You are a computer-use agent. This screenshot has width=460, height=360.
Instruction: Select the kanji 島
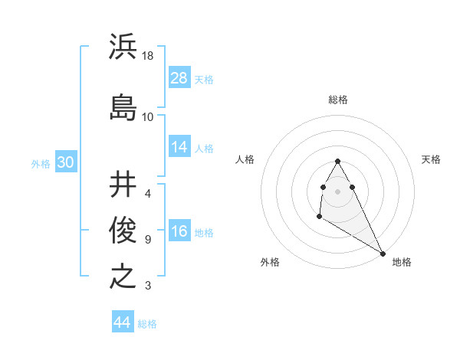click(x=123, y=106)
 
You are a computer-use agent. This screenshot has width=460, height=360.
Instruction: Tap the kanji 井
click(x=123, y=184)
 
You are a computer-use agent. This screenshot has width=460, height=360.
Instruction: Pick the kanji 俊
click(x=123, y=228)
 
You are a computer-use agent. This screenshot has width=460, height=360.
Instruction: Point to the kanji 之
click(x=123, y=275)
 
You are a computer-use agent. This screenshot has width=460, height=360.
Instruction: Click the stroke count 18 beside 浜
click(x=149, y=56)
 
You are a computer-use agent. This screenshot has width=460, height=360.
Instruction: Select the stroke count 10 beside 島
click(x=148, y=117)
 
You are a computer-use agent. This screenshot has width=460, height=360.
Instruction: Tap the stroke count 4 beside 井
click(x=148, y=193)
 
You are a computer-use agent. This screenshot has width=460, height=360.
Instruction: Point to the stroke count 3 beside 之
click(x=148, y=286)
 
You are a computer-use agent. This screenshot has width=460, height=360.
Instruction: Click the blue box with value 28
click(x=179, y=78)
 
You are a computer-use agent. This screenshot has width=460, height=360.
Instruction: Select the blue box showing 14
click(x=179, y=148)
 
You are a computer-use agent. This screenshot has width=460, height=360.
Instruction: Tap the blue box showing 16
click(x=179, y=232)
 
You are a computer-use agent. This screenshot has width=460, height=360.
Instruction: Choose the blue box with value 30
click(x=65, y=162)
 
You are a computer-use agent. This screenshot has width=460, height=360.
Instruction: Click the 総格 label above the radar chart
click(x=338, y=100)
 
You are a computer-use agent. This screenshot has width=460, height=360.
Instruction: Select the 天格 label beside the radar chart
click(x=431, y=159)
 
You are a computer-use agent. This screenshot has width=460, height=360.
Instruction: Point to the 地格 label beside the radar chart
click(x=402, y=262)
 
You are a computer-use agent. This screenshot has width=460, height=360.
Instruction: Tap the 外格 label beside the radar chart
click(x=270, y=262)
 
